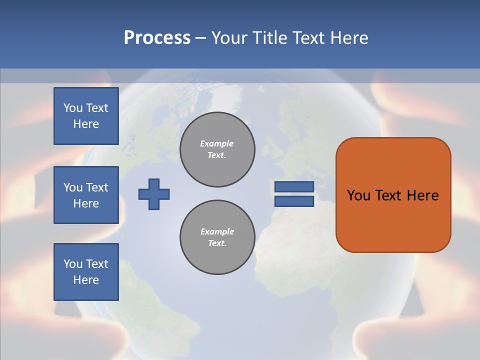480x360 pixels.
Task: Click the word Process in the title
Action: (157, 38)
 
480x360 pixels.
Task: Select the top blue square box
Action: (86, 116)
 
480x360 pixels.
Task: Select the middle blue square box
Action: (86, 195)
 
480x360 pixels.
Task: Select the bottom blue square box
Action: (86, 272)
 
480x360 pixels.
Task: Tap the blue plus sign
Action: (154, 194)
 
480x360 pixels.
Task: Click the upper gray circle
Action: (217, 149)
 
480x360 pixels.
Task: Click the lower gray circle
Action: (217, 237)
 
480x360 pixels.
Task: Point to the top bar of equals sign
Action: (294, 186)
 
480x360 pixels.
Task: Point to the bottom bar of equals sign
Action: (294, 201)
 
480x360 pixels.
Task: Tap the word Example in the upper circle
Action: (216, 143)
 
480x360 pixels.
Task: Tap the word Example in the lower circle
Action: (217, 231)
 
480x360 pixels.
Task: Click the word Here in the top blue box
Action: (86, 124)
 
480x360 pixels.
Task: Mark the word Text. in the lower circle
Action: (217, 243)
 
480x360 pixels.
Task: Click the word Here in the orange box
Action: (423, 195)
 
